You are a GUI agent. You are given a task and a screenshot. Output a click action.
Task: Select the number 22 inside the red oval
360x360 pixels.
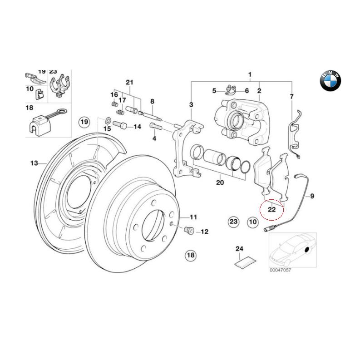(271, 210)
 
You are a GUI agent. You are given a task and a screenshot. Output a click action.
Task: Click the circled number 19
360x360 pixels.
(84, 122)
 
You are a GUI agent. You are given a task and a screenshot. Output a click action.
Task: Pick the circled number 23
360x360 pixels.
(233, 222)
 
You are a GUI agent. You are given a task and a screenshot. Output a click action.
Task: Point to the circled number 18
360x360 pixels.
(190, 256)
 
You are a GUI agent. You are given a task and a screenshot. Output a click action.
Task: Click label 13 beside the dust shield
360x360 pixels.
(33, 163)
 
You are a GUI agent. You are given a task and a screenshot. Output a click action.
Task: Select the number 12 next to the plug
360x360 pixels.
(204, 232)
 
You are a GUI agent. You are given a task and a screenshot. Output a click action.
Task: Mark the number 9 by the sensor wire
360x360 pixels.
(312, 196)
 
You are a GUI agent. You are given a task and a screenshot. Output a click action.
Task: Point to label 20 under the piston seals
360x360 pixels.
(220, 183)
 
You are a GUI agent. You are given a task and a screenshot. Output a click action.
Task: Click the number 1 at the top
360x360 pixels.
(249, 74)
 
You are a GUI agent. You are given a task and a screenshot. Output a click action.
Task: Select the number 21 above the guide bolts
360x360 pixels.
(129, 82)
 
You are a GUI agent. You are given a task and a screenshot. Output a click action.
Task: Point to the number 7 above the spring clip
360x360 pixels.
(291, 96)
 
